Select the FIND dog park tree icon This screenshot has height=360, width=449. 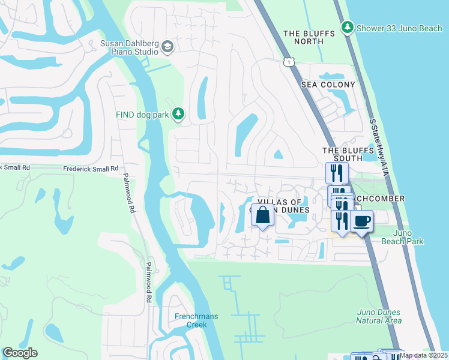(x=178, y=113)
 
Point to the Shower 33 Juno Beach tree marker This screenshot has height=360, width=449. (x=347, y=27)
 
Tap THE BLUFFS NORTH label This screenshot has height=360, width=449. (x=309, y=37)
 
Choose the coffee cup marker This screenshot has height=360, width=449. (x=362, y=221)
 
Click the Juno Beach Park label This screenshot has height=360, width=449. (x=402, y=237)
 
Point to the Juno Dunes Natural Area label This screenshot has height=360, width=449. (x=378, y=316)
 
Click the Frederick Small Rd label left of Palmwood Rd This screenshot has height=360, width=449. (x=91, y=169)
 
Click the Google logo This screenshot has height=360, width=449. (x=20, y=353)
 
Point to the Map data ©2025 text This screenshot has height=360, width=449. (x=423, y=355)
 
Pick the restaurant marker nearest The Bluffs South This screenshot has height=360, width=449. (x=337, y=173)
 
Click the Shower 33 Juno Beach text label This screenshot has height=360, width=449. (x=391, y=28)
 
